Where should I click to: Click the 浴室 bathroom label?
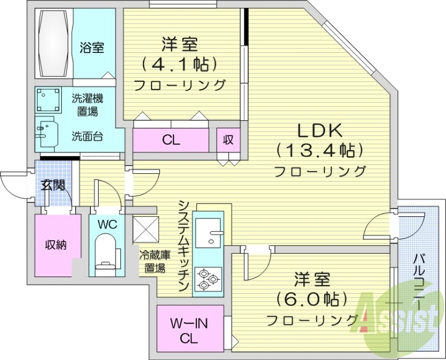pos(92,48)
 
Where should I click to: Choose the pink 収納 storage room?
pos(56,245)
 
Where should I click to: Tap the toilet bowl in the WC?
pos(104,251)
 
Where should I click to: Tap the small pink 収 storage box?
pos(228,140)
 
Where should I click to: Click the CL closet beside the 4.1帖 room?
pos(171,140)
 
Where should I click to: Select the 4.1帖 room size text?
pos(179,64)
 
